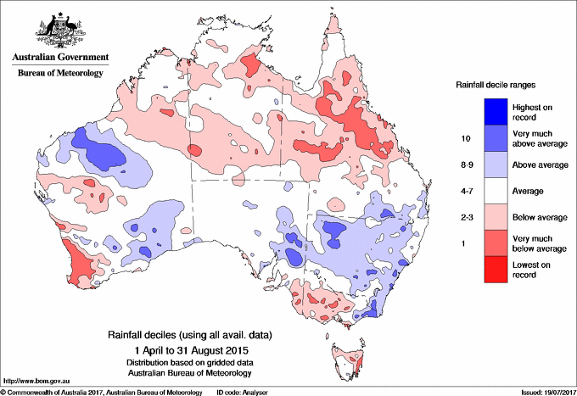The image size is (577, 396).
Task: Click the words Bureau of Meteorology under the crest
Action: pos(60,73)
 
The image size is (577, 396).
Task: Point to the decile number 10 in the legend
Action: pos(465,138)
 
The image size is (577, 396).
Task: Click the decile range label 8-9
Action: pos(465,165)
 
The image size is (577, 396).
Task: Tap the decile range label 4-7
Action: pos(465,192)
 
